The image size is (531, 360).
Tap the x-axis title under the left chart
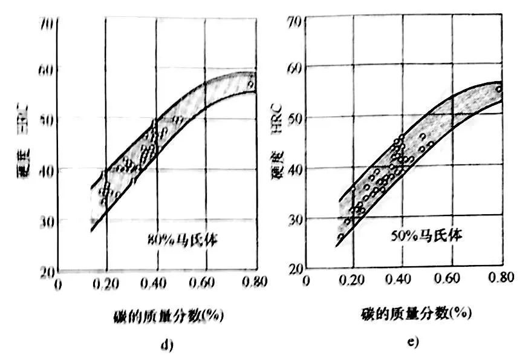tap(163, 316)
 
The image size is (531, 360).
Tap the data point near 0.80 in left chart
tap(250, 85)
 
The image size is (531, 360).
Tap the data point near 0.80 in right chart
tap(499, 89)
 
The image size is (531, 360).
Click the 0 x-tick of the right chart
tap(306, 281)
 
